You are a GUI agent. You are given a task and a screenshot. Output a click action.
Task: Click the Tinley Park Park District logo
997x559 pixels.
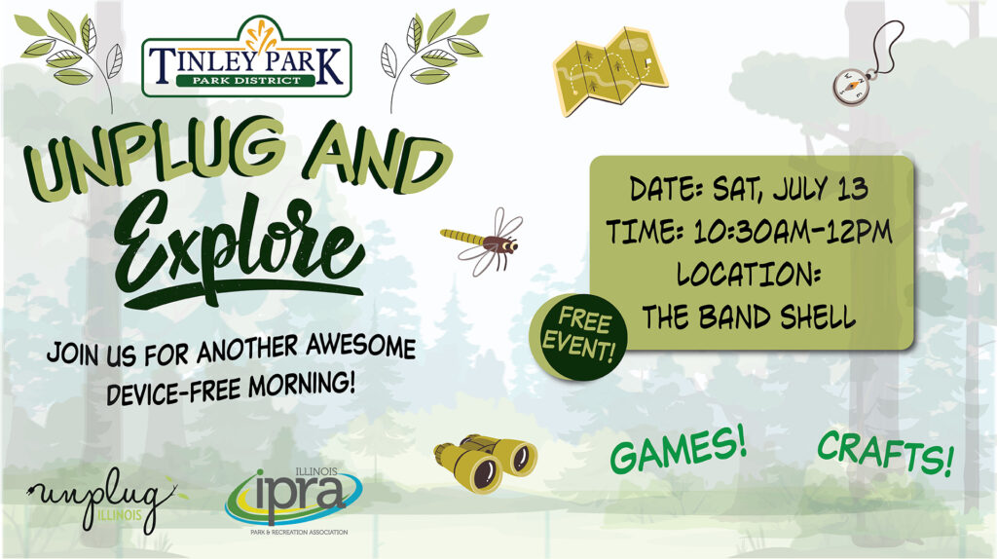tap(246, 58)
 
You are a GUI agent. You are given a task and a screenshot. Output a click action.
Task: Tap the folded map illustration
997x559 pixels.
tap(610, 71)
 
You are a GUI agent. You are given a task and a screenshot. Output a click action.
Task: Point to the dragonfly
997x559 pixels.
tap(483, 242)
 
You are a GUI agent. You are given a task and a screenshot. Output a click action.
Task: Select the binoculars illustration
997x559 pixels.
tap(485, 463)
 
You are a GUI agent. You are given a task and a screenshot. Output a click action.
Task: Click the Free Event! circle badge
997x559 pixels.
tap(578, 337)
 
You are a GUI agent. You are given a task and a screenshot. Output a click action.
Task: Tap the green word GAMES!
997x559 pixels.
tap(678, 450)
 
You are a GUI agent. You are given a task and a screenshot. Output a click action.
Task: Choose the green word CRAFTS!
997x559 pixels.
tap(886, 453)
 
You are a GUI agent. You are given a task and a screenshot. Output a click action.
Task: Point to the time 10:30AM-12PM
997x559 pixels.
tap(793, 232)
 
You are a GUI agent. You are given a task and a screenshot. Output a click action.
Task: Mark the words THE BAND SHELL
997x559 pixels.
tap(749, 317)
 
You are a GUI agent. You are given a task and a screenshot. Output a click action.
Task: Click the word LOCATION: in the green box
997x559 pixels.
tap(749, 274)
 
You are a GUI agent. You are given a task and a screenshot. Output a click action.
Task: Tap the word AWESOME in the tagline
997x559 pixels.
tap(360, 346)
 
